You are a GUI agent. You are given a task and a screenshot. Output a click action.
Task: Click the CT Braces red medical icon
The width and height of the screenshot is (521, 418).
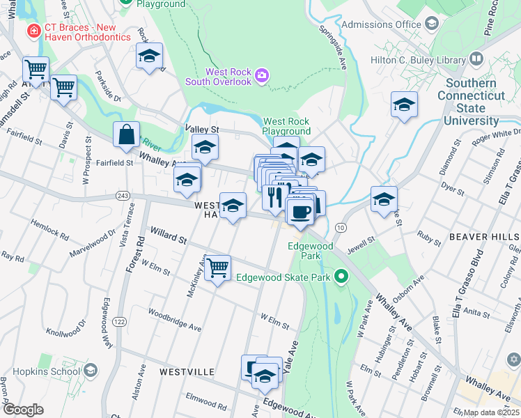pyautogui.click(x=33, y=31)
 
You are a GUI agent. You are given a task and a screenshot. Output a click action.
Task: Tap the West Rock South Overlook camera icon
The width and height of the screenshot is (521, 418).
pyautogui.click(x=262, y=75)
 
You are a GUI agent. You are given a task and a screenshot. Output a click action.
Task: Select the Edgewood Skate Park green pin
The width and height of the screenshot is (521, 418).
pyautogui.click(x=341, y=277)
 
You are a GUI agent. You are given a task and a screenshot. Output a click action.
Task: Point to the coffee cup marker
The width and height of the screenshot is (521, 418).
pyautogui.click(x=300, y=212)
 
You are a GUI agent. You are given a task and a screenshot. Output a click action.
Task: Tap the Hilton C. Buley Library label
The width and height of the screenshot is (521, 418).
pyautogui.click(x=417, y=60)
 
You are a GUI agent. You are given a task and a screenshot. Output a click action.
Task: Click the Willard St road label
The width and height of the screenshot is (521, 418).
pyautogui.click(x=168, y=239)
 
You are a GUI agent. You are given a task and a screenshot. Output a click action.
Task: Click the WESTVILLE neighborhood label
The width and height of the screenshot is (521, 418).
pyautogui.click(x=187, y=372)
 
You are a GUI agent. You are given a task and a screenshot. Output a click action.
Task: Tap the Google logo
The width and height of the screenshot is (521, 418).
pyautogui.click(x=23, y=410)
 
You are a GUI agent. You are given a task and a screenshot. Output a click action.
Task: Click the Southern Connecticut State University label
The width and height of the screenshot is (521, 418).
pyautogui.click(x=472, y=102)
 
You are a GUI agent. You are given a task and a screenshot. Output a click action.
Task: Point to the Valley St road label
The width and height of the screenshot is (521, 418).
pyautogui.click(x=201, y=130)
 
